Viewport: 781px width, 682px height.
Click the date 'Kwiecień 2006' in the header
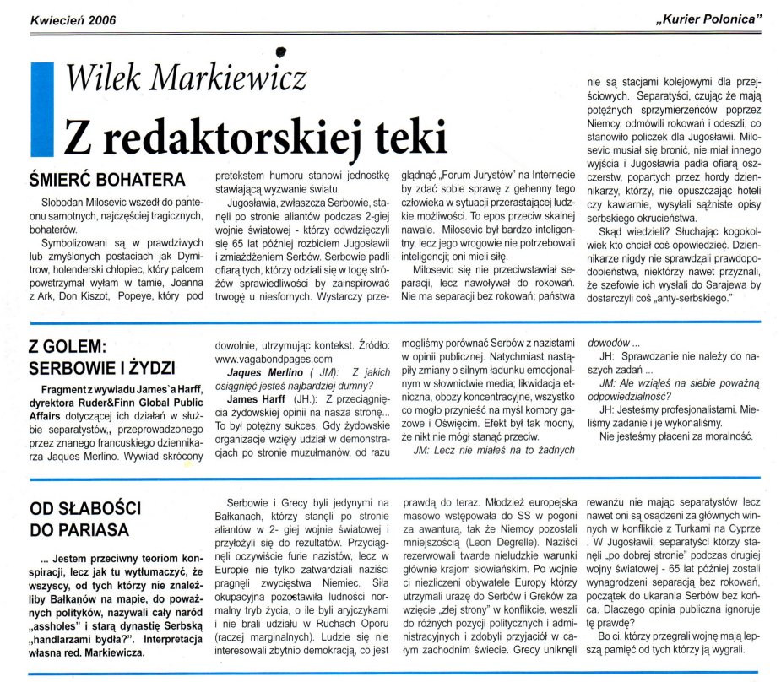(x=73, y=19)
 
